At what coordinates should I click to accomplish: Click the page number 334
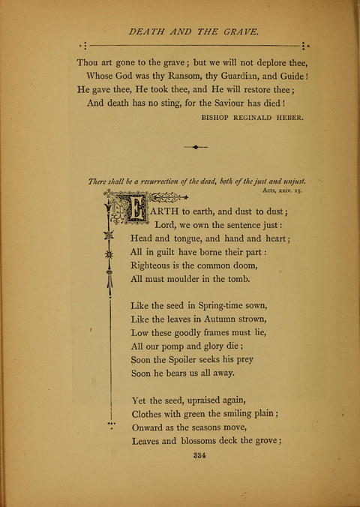[200, 455]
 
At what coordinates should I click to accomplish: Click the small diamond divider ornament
[196, 148]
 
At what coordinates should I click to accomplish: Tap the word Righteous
[155, 265]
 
